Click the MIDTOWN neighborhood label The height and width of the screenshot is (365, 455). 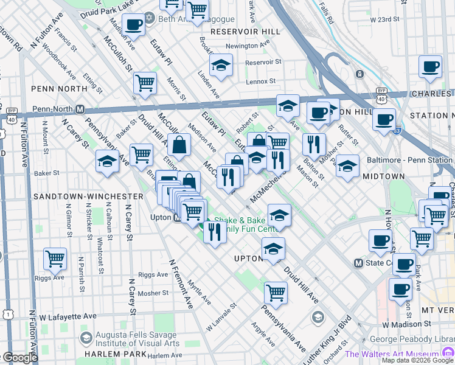point(383,176)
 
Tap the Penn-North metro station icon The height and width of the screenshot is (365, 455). point(80,109)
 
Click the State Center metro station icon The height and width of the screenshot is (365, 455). point(359,263)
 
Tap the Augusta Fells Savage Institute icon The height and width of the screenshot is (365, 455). point(86,338)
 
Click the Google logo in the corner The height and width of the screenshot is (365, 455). point(19,358)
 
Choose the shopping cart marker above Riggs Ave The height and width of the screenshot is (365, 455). point(55,259)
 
